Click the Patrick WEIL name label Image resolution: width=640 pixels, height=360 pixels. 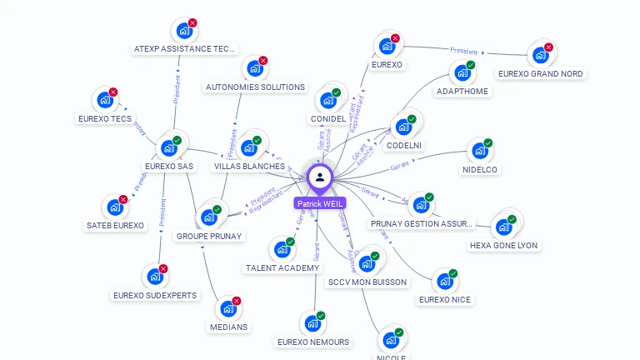coord(319,203)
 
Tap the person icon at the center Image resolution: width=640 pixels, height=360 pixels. coord(320,177)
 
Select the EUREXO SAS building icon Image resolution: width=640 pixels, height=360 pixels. coord(170,148)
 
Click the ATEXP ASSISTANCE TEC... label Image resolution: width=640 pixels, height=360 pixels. coord(185,49)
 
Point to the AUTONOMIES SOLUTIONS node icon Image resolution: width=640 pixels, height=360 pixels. coord(253,70)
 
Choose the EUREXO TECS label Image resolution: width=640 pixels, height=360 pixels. coord(105,119)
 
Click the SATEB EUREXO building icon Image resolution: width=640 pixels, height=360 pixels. coord(113,207)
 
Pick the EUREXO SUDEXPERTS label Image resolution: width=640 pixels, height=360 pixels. coord(156,295)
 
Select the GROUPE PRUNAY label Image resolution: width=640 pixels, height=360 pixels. coord(209,236)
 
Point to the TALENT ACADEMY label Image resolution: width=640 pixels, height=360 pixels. coord(282,267)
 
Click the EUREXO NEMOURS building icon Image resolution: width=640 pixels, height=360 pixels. coord(312,323)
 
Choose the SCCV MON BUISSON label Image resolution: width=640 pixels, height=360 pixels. coord(367,282)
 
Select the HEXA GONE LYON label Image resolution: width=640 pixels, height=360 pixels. coord(503,245)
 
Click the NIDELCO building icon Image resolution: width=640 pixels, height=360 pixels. coord(479,152)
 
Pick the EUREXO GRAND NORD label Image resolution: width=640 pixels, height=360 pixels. coord(541,73)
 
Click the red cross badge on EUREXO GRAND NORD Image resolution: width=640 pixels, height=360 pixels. coord(548,47)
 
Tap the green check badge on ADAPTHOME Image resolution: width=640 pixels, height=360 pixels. coord(471,65)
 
